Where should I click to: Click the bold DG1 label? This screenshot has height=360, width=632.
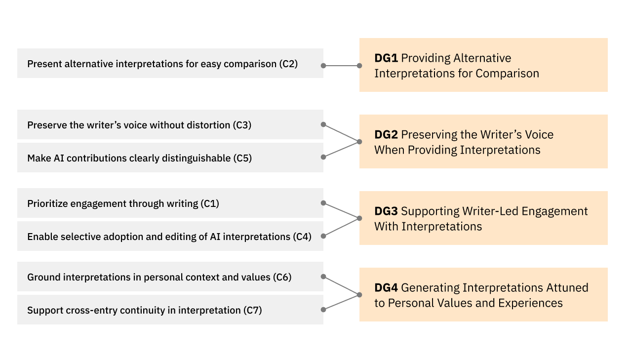coord(386,58)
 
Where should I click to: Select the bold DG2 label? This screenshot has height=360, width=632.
coord(386,135)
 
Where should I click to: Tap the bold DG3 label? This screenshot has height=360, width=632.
coord(386,211)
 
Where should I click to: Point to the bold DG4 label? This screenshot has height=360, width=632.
coord(386,288)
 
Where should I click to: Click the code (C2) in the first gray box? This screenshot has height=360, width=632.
coord(288,64)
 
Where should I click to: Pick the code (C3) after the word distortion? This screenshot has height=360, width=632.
coord(242,125)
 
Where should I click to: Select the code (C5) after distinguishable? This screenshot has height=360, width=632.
coord(242,159)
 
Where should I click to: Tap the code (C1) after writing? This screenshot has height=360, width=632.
coord(210,204)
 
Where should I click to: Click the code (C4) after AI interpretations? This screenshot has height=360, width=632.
coord(302,237)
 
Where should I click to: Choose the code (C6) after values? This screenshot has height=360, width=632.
coord(282,278)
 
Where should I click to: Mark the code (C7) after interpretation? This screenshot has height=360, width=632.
coord(252,311)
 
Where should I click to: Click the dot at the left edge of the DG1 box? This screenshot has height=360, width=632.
coord(359,65)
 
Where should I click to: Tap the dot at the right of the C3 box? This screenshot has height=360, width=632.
coord(323,124)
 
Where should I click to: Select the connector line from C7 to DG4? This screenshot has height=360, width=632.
coord(341,302)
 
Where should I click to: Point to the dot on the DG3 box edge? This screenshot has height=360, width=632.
coord(359,218)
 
